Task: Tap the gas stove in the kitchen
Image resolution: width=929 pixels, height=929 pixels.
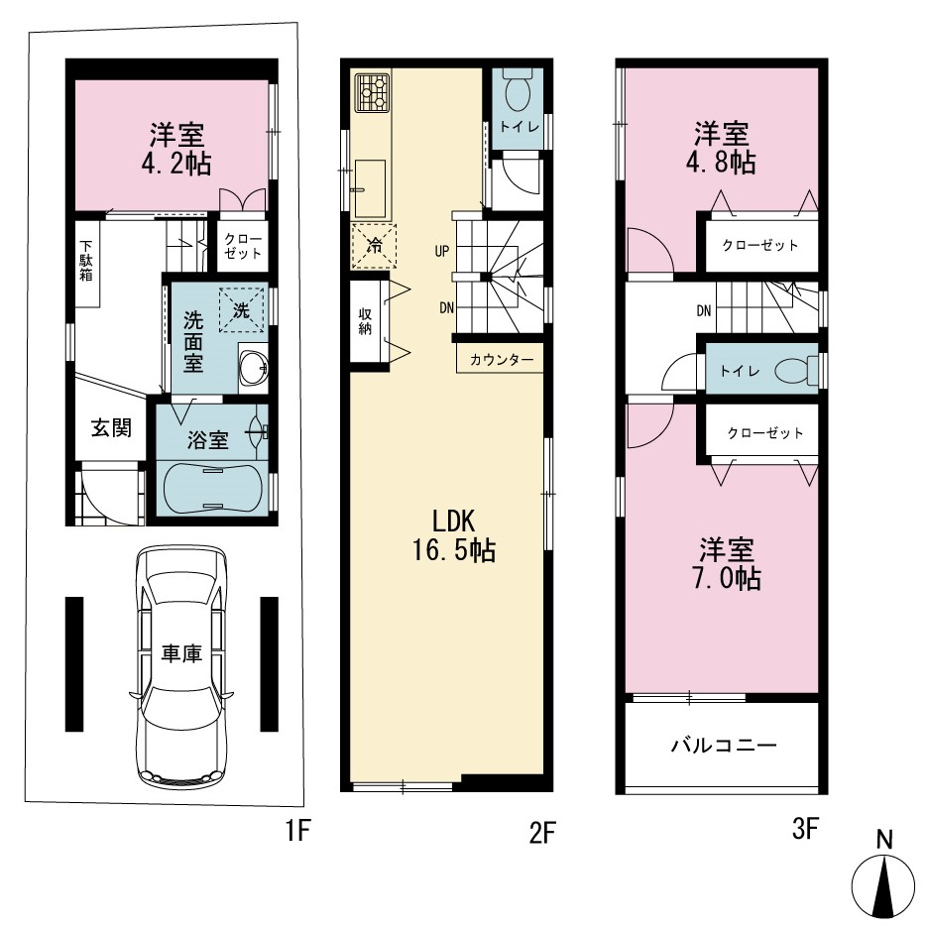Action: click(372, 92)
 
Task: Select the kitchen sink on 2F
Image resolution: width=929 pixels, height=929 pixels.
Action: click(370, 188)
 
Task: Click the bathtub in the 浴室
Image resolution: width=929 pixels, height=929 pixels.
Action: click(211, 487)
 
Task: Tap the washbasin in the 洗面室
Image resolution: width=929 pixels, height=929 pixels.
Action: click(254, 367)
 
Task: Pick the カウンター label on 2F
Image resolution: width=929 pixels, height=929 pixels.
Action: click(502, 360)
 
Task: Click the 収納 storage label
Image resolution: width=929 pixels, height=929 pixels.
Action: click(365, 320)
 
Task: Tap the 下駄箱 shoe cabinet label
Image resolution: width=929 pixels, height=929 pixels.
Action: click(86, 260)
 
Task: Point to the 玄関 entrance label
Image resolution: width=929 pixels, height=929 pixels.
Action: click(111, 427)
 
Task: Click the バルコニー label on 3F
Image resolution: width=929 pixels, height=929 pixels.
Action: click(724, 745)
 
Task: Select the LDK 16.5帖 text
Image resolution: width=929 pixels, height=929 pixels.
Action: click(454, 535)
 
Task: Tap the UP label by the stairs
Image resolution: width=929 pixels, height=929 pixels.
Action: click(442, 251)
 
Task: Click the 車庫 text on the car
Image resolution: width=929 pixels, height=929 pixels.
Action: click(181, 653)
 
